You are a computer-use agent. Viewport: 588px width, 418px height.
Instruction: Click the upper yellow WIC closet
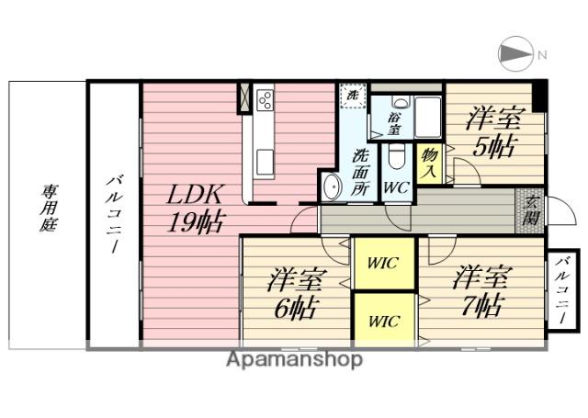coord(383,264)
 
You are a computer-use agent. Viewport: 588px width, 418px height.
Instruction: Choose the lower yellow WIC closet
coord(383,321)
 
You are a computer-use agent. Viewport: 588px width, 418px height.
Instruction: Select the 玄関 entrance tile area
coord(529,212)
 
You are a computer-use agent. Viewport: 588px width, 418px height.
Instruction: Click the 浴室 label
coord(393,123)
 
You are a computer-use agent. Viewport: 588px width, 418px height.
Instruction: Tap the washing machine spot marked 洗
coord(350,94)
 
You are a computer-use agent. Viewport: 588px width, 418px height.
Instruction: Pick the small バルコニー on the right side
coord(561,291)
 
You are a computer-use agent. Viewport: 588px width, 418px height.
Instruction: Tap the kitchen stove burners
coord(266,98)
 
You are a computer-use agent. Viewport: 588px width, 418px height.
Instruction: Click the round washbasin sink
coord(332,186)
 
